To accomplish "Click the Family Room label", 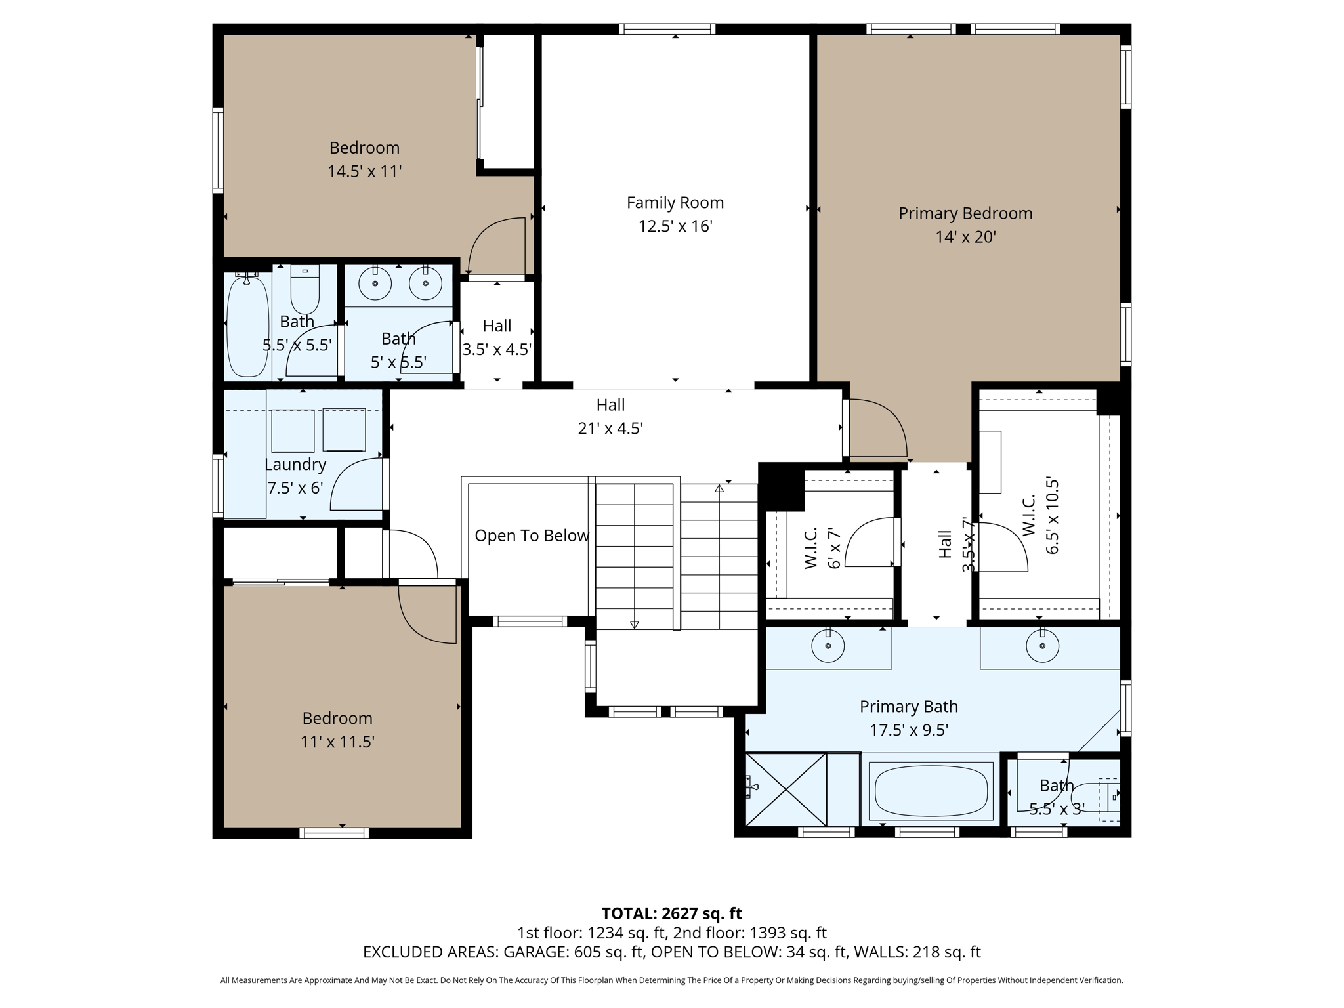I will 675,203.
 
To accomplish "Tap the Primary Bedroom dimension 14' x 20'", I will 965,237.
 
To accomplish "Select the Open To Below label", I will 532,535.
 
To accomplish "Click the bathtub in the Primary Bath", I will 931,790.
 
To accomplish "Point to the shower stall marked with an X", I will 786,789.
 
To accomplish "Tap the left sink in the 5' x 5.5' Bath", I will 375,283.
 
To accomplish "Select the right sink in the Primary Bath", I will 1042,646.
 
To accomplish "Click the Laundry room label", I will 295,465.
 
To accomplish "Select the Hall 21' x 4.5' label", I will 610,405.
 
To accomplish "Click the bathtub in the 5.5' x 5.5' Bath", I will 247,327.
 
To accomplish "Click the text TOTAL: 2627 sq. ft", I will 671,913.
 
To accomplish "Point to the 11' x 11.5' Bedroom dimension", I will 337,742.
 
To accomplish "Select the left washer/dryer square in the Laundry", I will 293,430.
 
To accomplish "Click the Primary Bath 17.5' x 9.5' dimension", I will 909,730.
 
